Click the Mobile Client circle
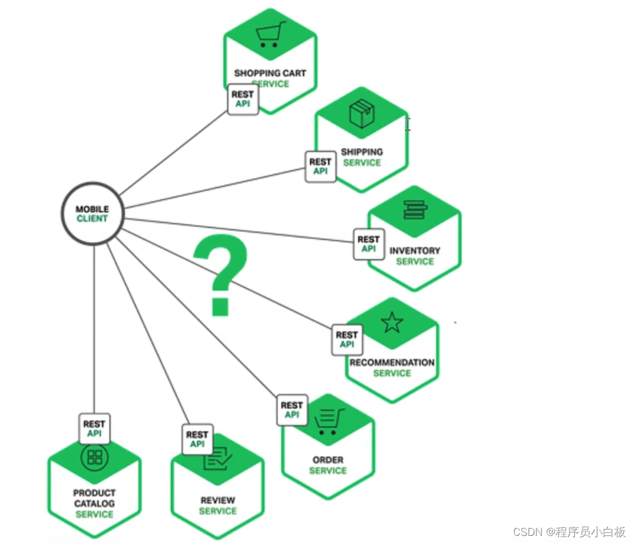[92, 213]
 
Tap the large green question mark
[221, 274]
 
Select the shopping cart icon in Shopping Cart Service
[271, 35]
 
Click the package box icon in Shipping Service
[362, 114]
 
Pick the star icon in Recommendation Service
[392, 322]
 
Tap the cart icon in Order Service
[329, 420]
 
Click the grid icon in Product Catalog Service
[94, 457]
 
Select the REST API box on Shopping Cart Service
[243, 99]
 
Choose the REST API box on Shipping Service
[320, 166]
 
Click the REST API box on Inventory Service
[369, 244]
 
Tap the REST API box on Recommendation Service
[347, 340]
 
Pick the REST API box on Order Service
[292, 410]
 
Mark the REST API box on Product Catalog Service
[94, 429]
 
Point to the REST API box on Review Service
[197, 439]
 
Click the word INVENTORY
[415, 251]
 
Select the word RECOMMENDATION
[392, 363]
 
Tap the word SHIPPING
[362, 152]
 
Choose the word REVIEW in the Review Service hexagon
[218, 501]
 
